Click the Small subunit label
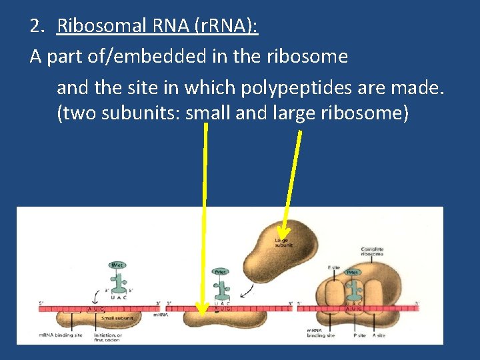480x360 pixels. click(x=117, y=319)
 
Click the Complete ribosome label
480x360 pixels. click(x=371, y=252)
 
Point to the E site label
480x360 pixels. click(x=334, y=267)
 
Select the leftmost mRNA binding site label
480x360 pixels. click(x=60, y=335)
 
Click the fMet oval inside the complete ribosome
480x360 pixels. click(x=352, y=272)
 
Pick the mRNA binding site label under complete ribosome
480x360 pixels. click(x=320, y=333)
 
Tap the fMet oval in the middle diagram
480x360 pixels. click(x=221, y=272)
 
